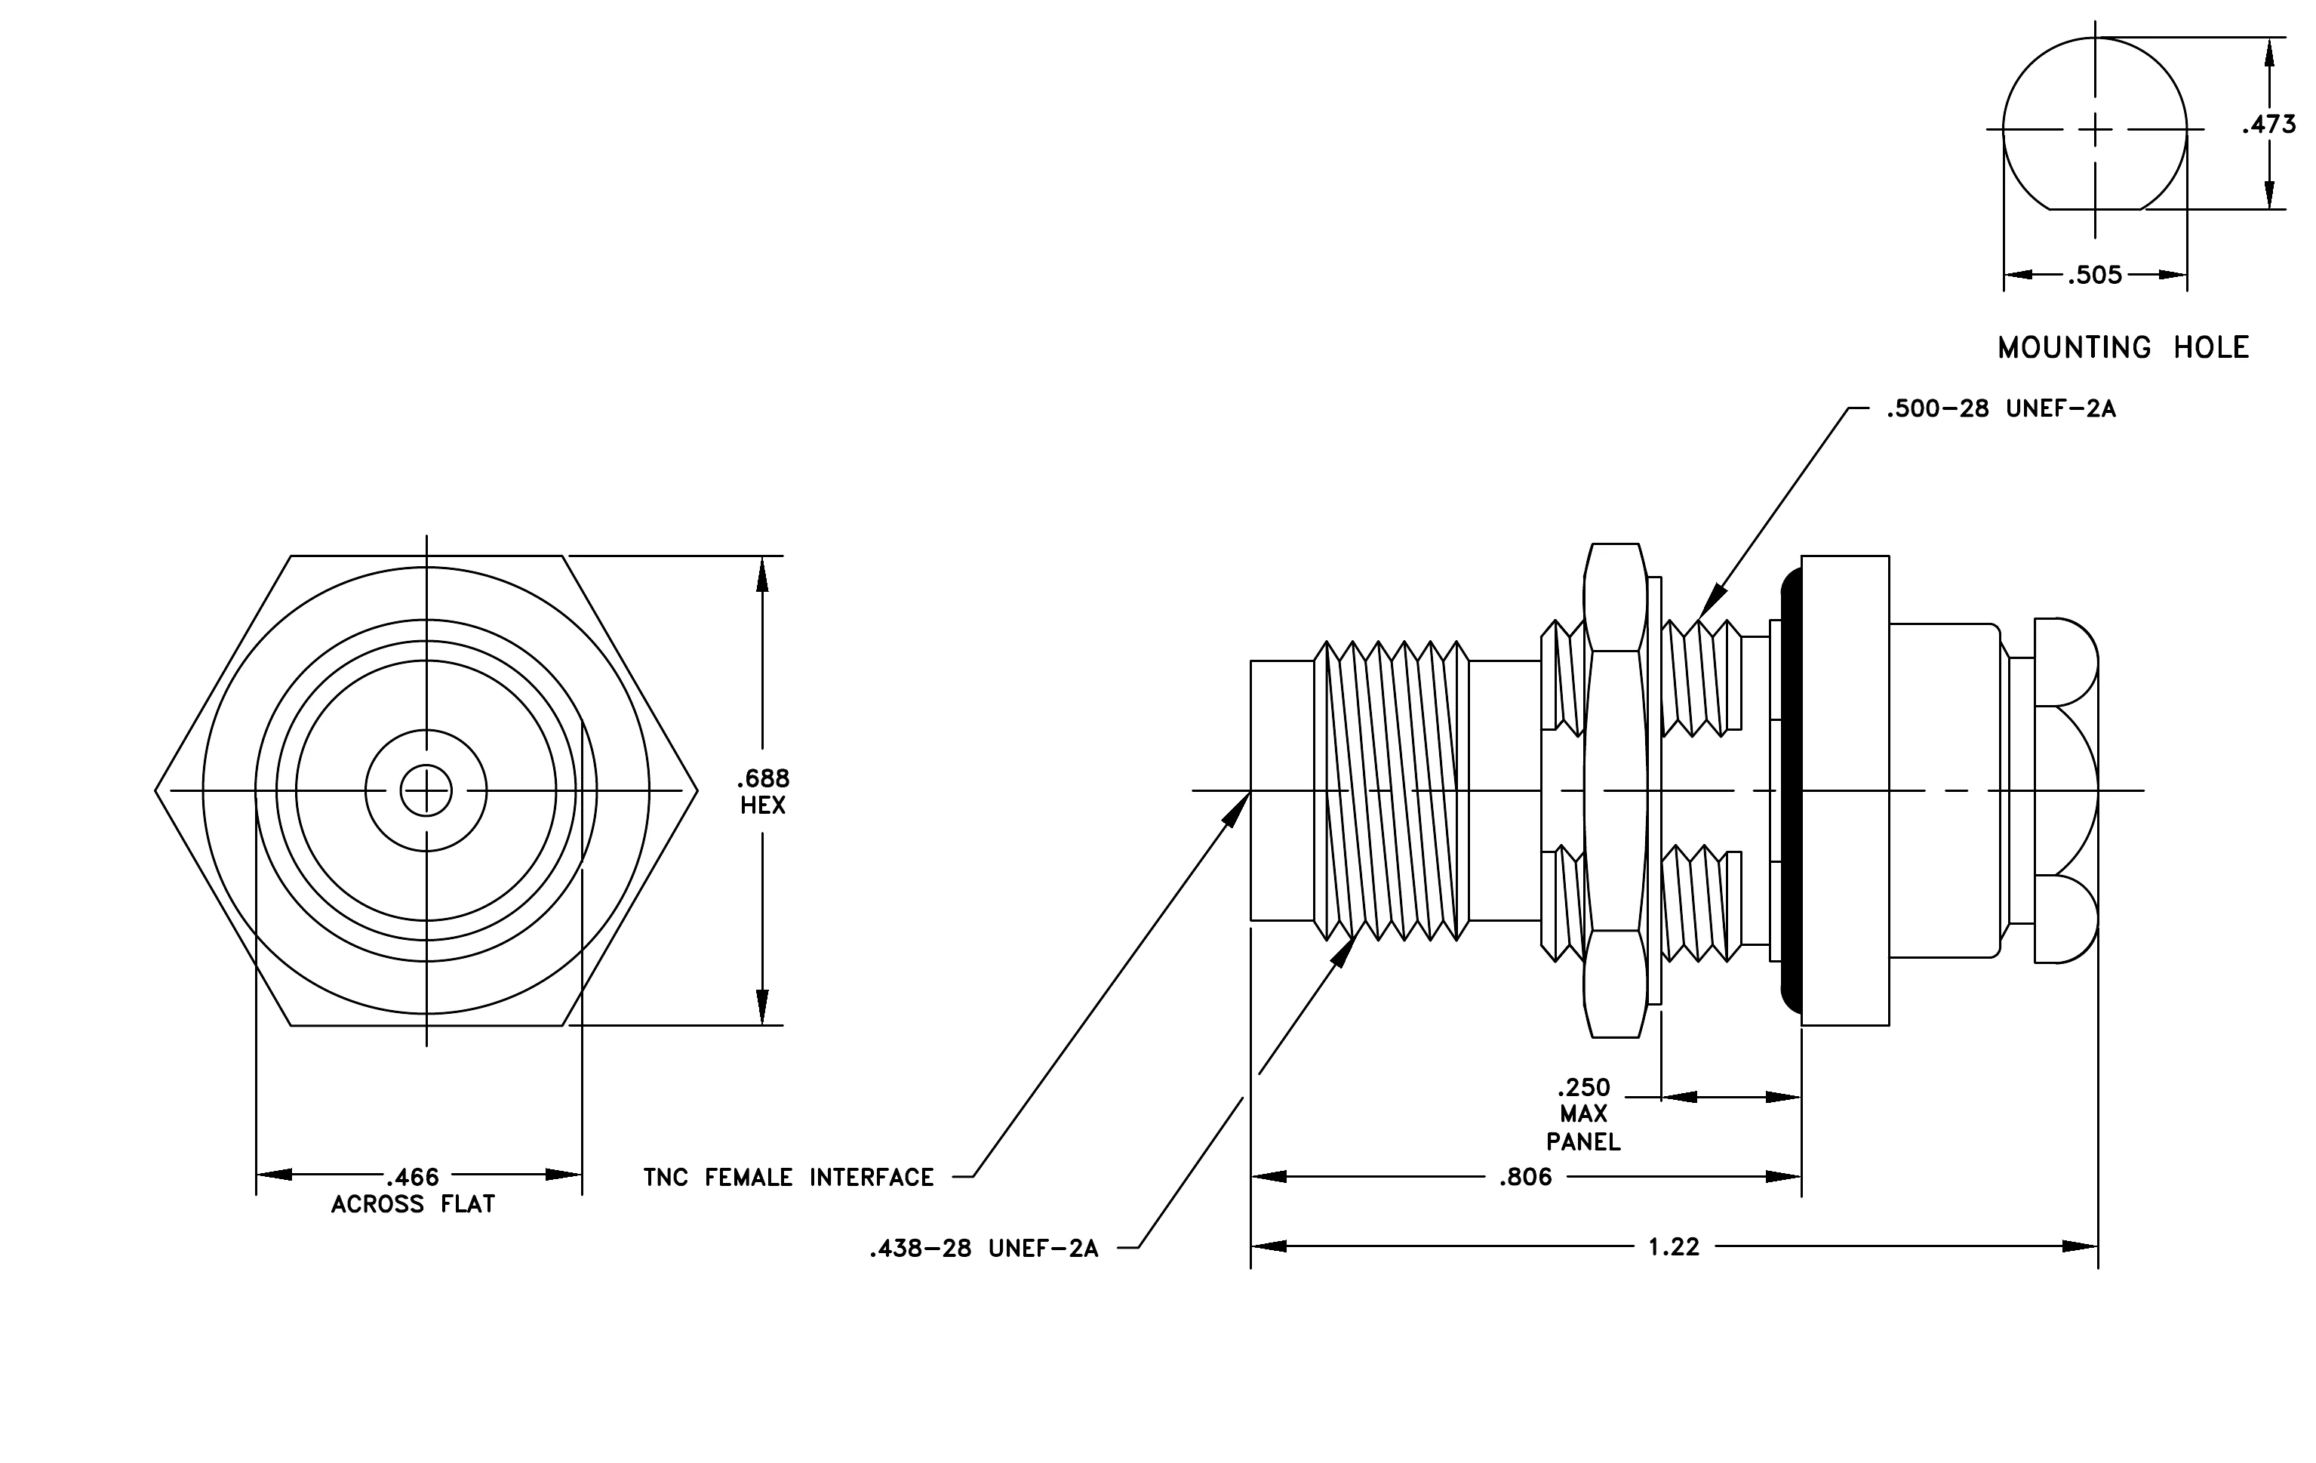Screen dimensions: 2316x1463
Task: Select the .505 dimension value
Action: click(x=2096, y=275)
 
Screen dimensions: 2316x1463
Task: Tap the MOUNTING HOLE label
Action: click(x=2124, y=347)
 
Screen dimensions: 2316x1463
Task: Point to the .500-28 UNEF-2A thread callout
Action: click(x=2001, y=409)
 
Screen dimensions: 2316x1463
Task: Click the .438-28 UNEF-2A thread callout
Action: click(x=984, y=1249)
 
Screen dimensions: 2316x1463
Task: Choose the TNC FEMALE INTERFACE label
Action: click(x=789, y=1178)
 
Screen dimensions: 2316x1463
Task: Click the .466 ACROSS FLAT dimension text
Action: click(x=413, y=1190)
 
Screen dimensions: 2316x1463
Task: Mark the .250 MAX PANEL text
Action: click(x=1583, y=1113)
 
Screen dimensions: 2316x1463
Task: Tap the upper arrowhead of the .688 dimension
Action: click(x=763, y=574)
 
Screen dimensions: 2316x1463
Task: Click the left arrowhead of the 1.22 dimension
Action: click(x=1269, y=1246)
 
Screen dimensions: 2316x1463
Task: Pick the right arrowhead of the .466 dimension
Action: click(x=564, y=1175)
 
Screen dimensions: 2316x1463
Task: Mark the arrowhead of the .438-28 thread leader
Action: click(x=1343, y=950)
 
